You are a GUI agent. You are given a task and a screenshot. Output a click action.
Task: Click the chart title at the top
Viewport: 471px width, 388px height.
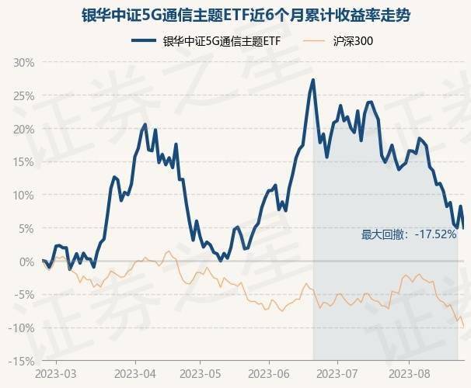tap(235, 16)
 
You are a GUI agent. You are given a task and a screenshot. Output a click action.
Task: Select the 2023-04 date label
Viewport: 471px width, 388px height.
tap(135, 372)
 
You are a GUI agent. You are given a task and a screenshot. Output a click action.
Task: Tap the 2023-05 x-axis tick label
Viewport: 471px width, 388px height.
tap(200, 372)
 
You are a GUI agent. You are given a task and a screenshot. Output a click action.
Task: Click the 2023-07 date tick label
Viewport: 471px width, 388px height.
tap(337, 372)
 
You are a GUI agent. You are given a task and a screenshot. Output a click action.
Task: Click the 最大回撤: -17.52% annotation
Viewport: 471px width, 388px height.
tap(408, 234)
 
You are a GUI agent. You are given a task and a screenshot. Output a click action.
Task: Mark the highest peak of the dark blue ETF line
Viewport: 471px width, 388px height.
tap(313, 80)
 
